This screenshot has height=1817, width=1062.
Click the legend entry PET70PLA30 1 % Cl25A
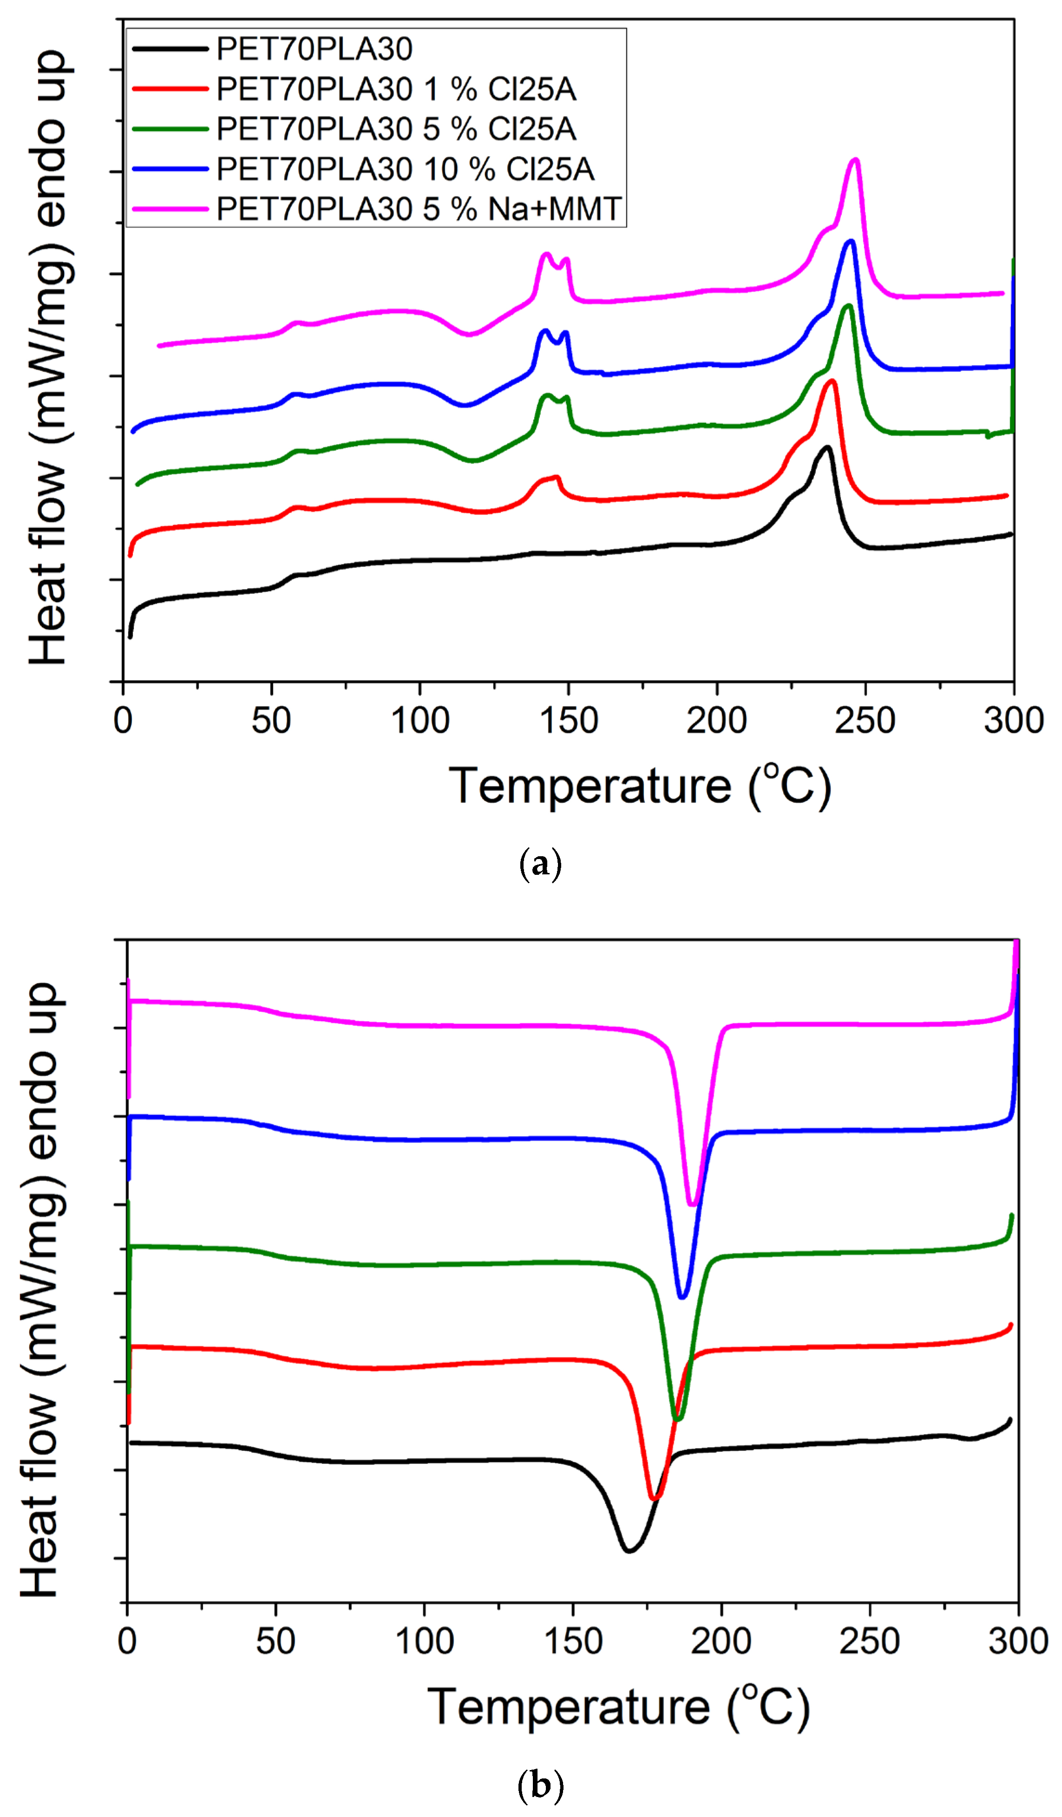(396, 89)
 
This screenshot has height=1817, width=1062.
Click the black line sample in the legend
(170, 49)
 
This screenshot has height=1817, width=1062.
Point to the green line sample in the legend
(170, 129)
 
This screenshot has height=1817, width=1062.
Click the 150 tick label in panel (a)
(569, 720)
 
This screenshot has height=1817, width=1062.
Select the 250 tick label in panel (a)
(865, 720)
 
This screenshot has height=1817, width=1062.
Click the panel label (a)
(540, 863)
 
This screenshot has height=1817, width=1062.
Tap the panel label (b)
(540, 1786)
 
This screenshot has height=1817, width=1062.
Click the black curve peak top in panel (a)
(827, 447)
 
